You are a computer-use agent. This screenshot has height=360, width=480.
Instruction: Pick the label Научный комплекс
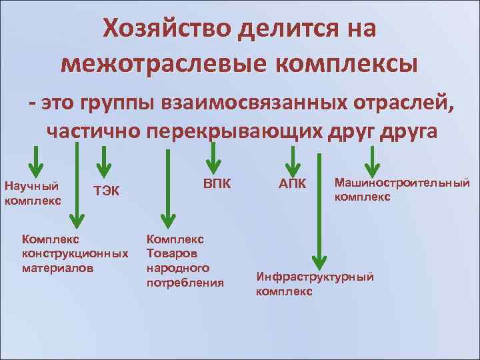[x=32, y=192]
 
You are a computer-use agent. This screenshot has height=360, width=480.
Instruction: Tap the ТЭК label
[x=107, y=191]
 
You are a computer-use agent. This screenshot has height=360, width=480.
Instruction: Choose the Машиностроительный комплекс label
[x=401, y=189]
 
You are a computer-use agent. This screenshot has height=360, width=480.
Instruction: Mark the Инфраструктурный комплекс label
[x=315, y=283]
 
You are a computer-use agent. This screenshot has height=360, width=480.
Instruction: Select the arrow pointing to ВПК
[x=213, y=159]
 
